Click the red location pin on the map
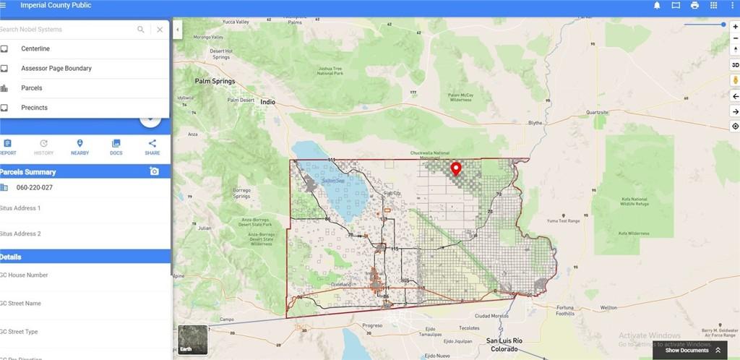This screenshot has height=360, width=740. tap(456, 169)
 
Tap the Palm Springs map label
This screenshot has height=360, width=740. tap(215, 82)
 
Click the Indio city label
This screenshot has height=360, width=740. tap(268, 103)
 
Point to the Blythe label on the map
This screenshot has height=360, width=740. tap(535, 123)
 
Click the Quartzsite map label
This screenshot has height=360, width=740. tap(598, 113)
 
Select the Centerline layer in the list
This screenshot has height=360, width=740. tap(35, 48)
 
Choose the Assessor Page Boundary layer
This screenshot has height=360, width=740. tap(56, 68)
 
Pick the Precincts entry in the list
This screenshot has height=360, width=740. tap(34, 108)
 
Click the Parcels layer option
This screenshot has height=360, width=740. tap(32, 88)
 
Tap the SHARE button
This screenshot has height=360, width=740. tap(152, 147)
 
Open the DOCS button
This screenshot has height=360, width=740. tap(116, 147)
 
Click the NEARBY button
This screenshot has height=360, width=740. tap(79, 147)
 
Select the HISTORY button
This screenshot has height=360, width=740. tap(43, 147)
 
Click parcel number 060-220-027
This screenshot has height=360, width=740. tap(35, 187)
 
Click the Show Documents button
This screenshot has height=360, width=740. tap(692, 351)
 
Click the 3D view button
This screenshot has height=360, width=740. tap(735, 65)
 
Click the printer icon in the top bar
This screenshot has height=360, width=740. tap(694, 5)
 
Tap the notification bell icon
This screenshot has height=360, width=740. tap(657, 5)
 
